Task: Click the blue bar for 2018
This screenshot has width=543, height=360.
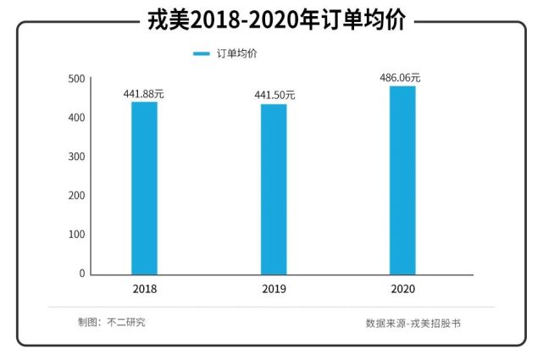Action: pyautogui.click(x=144, y=188)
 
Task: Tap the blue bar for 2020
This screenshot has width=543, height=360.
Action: pyautogui.click(x=402, y=180)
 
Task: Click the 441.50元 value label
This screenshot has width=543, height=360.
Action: pyautogui.click(x=274, y=96)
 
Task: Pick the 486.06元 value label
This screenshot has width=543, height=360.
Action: pyautogui.click(x=400, y=78)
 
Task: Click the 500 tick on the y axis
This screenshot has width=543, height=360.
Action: pyautogui.click(x=76, y=79)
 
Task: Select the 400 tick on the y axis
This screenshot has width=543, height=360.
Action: pyautogui.click(x=76, y=118)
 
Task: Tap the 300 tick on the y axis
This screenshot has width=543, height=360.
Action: pyautogui.click(x=76, y=157)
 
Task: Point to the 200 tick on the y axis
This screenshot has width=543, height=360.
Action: pyautogui.click(x=76, y=196)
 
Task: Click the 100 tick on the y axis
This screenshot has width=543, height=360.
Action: pyautogui.click(x=76, y=235)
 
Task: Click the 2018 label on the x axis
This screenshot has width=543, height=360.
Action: pyautogui.click(x=145, y=289)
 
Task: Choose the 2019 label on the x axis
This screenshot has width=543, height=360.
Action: pyautogui.click(x=274, y=289)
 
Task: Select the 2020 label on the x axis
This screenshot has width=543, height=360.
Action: pyautogui.click(x=402, y=289)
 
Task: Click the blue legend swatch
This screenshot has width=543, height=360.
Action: pyautogui.click(x=201, y=53)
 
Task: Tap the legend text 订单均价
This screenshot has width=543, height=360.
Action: pyautogui.click(x=238, y=53)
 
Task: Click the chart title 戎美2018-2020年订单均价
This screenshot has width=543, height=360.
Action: pyautogui.click(x=271, y=19)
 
